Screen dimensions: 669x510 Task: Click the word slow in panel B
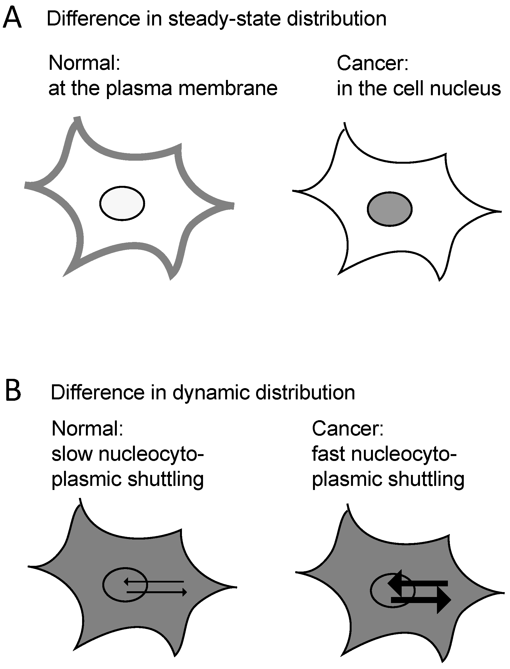[x=72, y=454]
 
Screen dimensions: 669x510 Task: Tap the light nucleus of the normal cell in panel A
[x=122, y=203]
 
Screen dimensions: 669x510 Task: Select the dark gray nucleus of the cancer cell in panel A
[x=390, y=209]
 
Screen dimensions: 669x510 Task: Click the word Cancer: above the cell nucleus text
[x=372, y=64]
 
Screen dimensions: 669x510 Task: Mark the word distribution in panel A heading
[x=337, y=19]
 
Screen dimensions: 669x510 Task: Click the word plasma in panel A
[x=140, y=88]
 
